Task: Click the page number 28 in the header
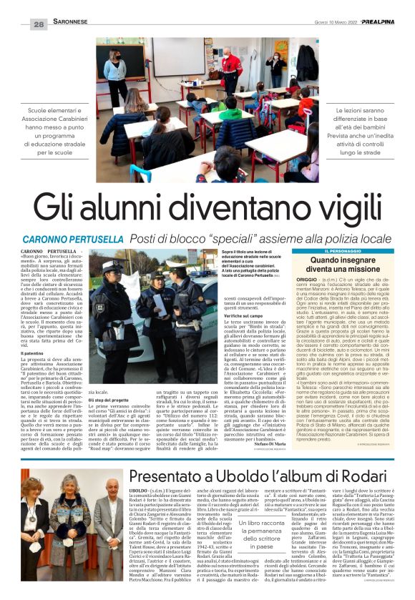(38, 24)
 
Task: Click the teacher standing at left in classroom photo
(114, 72)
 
